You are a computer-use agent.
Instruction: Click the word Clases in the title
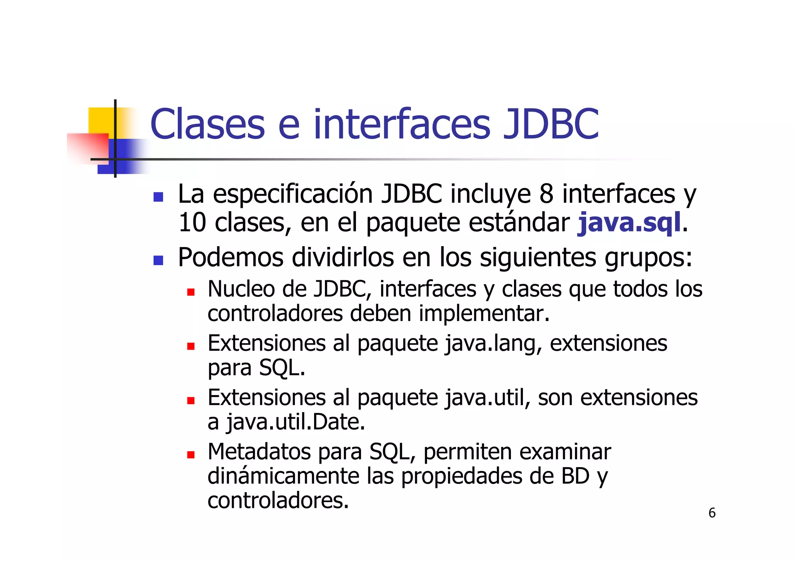pos(207,124)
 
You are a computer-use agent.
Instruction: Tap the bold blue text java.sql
pos(629,223)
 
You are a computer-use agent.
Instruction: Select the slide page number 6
pos(712,513)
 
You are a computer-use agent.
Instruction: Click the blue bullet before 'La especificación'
pos(158,197)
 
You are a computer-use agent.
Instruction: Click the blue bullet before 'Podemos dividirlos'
pos(158,260)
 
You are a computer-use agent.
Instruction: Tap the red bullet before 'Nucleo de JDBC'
pos(190,292)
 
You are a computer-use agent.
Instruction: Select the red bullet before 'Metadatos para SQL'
pos(190,454)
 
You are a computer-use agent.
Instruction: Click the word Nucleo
pos(241,289)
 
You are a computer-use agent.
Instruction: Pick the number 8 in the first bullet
pos(546,194)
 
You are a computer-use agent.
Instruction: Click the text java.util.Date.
pos(295,423)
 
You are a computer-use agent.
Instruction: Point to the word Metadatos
pos(259,452)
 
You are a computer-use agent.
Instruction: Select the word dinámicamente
pos(283,476)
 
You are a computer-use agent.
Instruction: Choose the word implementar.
pos(484,313)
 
